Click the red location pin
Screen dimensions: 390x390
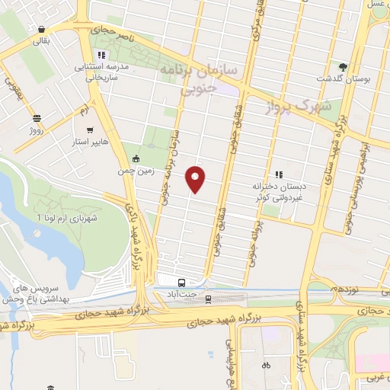coord(196,179)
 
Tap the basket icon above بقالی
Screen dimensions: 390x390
coord(39,30)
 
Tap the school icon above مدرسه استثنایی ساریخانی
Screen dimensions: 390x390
coord(101,55)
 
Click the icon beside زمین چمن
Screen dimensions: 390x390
coord(136,158)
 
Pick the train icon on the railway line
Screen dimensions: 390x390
coord(208,299)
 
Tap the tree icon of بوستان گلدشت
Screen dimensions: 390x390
coord(344,66)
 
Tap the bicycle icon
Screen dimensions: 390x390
coord(266,365)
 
